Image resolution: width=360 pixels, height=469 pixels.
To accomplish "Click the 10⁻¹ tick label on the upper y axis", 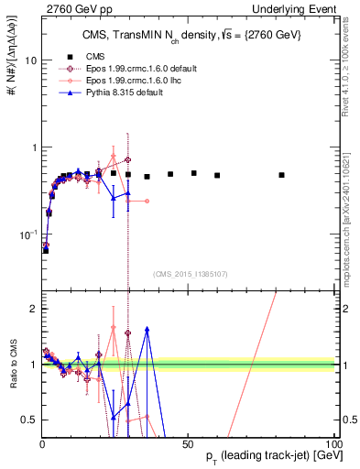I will [25, 234].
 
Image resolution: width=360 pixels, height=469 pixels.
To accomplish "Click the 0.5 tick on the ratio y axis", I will [27, 419].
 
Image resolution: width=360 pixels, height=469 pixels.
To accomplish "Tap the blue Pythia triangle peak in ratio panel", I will [147, 328].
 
